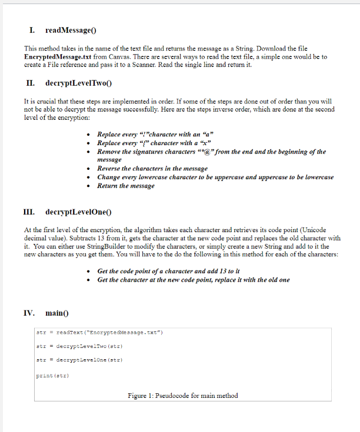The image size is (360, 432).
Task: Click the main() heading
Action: click(56, 313)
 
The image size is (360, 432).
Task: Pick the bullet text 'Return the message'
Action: click(125, 186)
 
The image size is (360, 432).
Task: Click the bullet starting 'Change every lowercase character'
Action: click(215, 177)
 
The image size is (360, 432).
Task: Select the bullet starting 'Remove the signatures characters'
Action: click(211, 152)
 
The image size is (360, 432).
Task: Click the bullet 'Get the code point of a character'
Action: click(168, 271)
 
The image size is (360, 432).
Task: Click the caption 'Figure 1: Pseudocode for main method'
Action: click(183, 396)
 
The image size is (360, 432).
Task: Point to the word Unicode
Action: click(312, 229)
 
